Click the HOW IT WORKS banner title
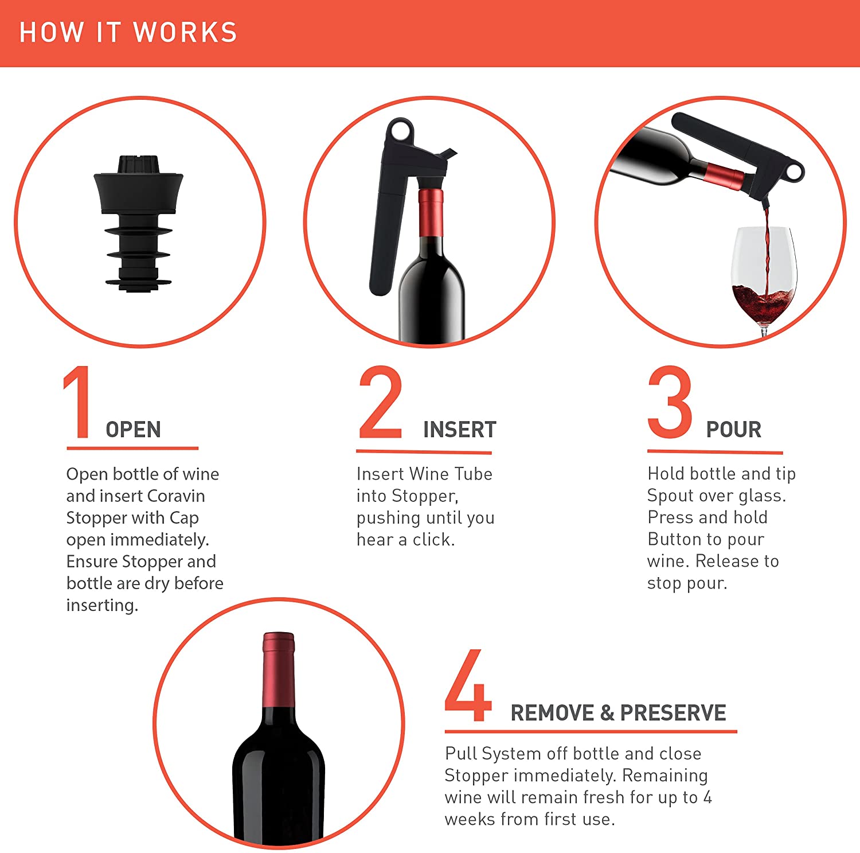pos(128,32)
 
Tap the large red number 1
pos(78,403)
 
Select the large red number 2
pos(380,403)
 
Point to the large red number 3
pos(670,403)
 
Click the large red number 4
pos(468,686)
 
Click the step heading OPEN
pos(133,430)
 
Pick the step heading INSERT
pos(459,430)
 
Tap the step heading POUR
pos(733,430)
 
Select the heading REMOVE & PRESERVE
pos(618,713)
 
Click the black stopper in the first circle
pos(139,224)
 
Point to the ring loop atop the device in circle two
pos(400,131)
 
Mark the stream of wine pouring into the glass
pos(766,247)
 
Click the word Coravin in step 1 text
pos(176,496)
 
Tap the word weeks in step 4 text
pos(463,819)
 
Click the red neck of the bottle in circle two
pos(431,212)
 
